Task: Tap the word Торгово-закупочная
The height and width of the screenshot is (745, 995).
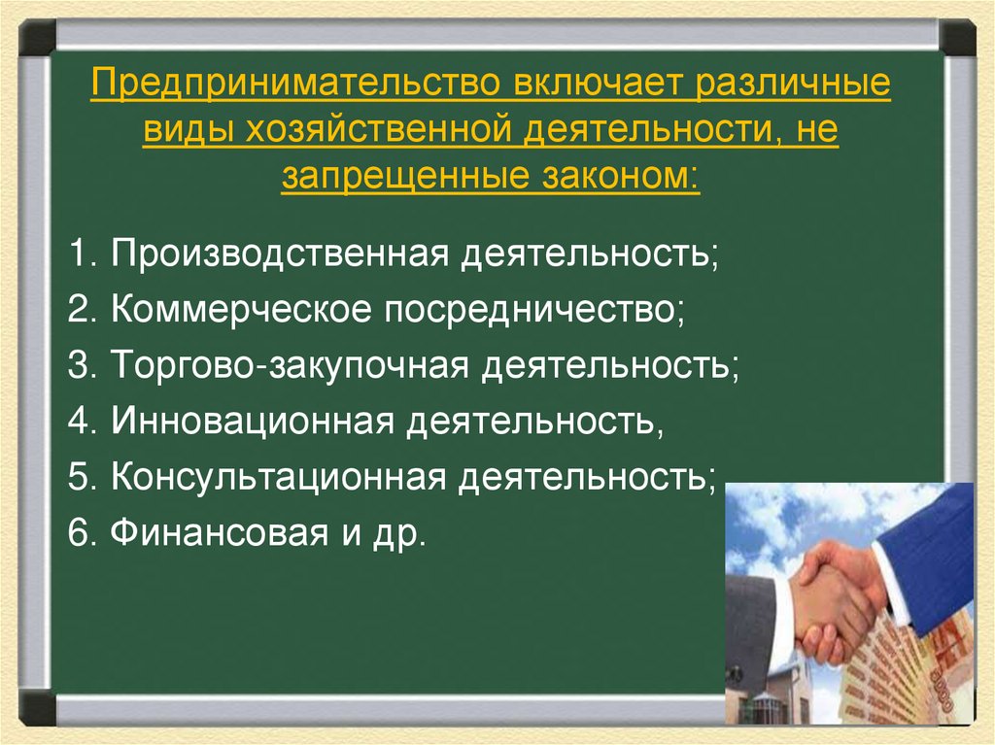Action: [x=292, y=367]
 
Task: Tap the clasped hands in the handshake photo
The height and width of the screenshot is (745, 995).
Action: [x=831, y=597]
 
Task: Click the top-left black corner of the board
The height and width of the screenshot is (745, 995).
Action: [x=38, y=37]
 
